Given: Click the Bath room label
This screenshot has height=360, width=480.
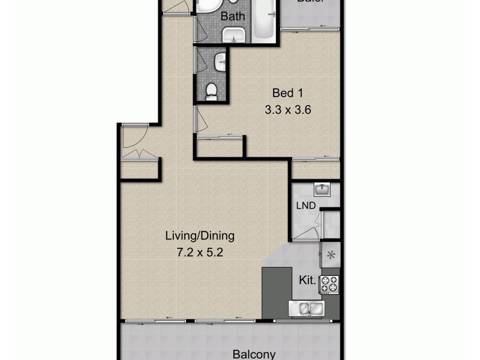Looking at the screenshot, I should tap(233, 17).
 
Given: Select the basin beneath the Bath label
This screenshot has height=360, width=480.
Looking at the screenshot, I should tap(233, 37).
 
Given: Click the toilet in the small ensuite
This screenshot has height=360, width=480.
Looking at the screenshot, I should tap(211, 91).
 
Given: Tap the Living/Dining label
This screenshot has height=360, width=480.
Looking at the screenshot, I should tap(200, 236).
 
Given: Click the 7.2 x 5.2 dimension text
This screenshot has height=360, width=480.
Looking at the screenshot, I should tap(200, 253).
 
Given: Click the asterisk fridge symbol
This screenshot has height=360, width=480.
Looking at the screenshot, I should tap(330, 256).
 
